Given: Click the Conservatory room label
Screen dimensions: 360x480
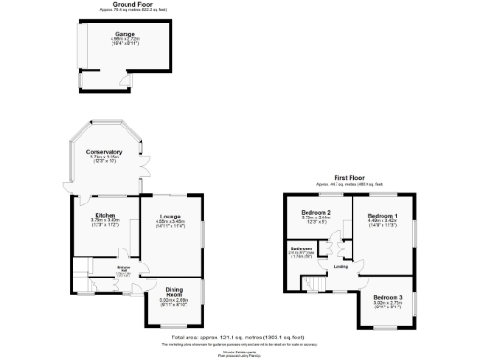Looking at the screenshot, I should click(x=103, y=152).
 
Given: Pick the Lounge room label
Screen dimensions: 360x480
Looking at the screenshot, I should click(x=169, y=217).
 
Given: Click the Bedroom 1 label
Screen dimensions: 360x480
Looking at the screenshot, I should click(x=382, y=216).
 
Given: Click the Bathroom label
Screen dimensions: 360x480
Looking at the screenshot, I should click(x=300, y=248).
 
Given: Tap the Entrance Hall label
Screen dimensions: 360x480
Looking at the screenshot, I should click(x=123, y=268).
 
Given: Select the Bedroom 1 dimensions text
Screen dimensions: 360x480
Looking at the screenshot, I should click(x=382, y=222).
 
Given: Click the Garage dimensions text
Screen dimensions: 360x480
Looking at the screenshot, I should click(x=125, y=41).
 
